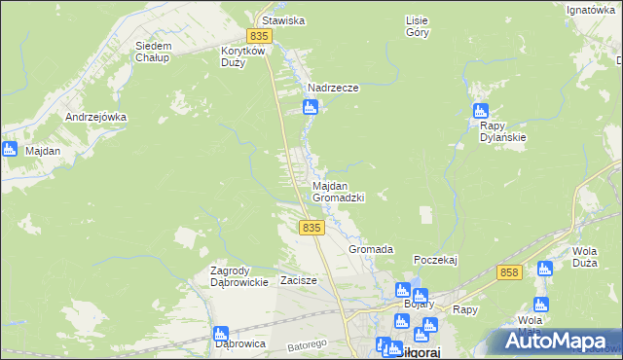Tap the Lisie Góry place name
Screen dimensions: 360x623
(x=416, y=25)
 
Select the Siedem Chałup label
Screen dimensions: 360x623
(x=153, y=52)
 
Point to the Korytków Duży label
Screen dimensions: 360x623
(x=244, y=55)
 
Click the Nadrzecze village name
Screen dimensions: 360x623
(x=333, y=88)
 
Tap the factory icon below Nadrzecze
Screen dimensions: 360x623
(x=310, y=107)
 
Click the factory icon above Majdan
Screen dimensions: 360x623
(x=10, y=149)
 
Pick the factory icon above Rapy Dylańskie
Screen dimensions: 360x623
(x=480, y=111)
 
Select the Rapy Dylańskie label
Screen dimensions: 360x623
(x=503, y=131)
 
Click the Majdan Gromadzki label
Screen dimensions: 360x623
(x=338, y=191)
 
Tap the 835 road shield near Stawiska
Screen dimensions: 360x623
(x=259, y=36)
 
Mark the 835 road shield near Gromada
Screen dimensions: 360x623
(x=311, y=227)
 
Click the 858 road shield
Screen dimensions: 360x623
(x=508, y=273)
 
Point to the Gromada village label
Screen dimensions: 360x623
(x=371, y=249)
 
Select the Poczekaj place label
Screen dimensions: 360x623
(x=435, y=260)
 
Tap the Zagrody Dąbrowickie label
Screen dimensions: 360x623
(x=239, y=276)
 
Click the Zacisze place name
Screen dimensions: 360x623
(x=299, y=280)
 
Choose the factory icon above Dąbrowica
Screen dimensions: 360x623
(x=221, y=333)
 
